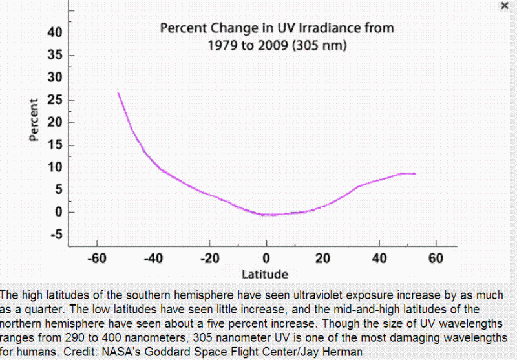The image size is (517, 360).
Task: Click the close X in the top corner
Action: (x=505, y=5)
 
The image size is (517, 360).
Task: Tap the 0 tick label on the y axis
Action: (x=59, y=212)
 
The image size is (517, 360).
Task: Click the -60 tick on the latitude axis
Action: (x=96, y=259)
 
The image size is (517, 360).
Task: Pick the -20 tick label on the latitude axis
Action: (x=209, y=259)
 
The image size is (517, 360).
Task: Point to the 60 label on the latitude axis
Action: (x=436, y=259)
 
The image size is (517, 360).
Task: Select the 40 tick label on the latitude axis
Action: (x=379, y=259)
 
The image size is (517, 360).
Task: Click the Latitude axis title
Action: (x=266, y=273)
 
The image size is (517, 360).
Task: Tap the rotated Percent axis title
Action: (x=34, y=120)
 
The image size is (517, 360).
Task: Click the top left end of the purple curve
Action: (x=118, y=93)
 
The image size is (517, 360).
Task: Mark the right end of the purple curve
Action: (x=415, y=174)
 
